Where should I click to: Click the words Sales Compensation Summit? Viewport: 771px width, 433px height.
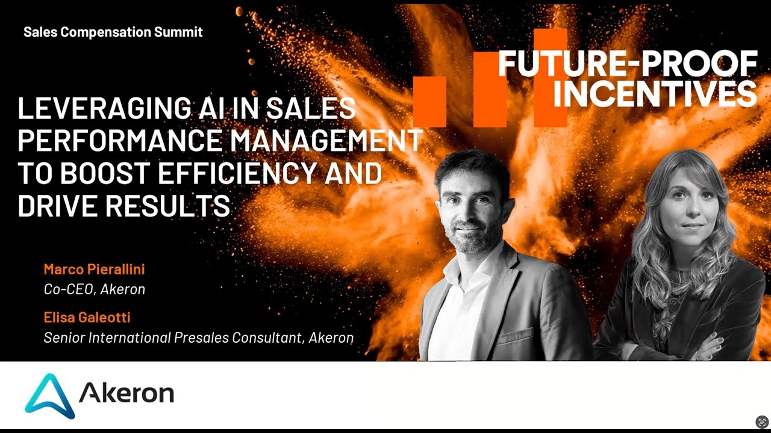(113, 32)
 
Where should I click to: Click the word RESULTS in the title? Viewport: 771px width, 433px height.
(169, 206)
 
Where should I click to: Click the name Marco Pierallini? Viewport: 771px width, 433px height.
(94, 269)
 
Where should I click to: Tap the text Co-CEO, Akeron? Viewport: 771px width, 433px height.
(94, 289)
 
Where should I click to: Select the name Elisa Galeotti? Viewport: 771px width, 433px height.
(87, 317)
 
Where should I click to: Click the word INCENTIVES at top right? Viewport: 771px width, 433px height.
(654, 93)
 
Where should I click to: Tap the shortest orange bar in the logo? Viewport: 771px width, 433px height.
(429, 102)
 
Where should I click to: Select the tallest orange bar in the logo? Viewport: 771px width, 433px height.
(550, 78)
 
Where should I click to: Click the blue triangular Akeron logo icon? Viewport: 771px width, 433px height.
(50, 395)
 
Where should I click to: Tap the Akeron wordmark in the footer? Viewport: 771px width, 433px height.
(126, 394)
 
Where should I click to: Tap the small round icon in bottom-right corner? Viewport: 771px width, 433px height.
(762, 422)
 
